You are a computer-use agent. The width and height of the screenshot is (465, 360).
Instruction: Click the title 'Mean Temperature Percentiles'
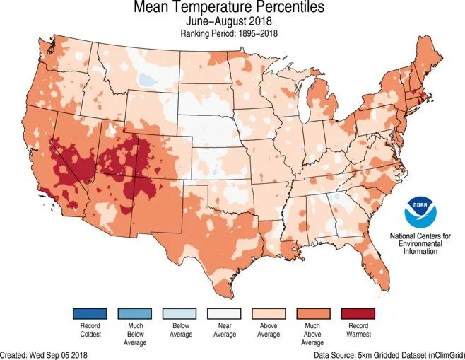[x=227, y=9]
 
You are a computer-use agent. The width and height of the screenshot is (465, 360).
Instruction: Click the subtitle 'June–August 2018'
[x=227, y=23]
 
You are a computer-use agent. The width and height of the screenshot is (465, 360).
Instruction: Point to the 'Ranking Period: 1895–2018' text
[x=227, y=33]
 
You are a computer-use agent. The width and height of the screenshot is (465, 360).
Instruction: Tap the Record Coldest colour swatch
[x=89, y=313]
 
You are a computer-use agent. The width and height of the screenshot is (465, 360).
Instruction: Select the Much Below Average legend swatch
[x=134, y=313]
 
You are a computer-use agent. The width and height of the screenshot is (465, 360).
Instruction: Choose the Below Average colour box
[x=179, y=313]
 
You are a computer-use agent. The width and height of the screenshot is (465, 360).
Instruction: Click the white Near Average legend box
[x=224, y=313]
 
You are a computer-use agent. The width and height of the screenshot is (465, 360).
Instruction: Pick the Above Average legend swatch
[x=269, y=313]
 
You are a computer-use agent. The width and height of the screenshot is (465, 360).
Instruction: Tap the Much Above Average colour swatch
[x=313, y=313]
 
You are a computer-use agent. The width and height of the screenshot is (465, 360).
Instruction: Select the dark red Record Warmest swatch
[x=358, y=313]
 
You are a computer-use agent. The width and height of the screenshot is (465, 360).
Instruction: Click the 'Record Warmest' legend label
[x=358, y=330]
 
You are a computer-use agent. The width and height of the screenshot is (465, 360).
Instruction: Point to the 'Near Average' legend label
[x=224, y=330]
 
